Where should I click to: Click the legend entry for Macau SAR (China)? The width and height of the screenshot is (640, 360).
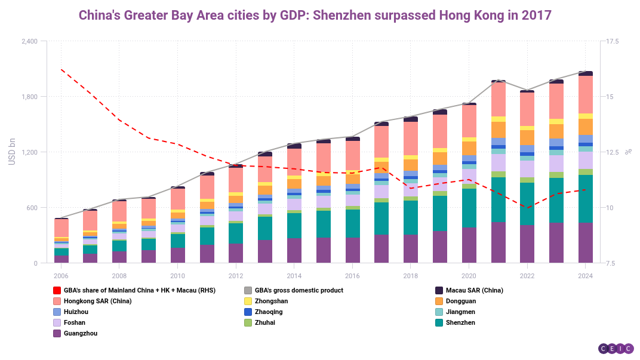pyautogui.click(x=474, y=290)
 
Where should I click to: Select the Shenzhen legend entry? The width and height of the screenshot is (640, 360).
pyautogui.click(x=460, y=322)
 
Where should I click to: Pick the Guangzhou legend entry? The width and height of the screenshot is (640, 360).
pyautogui.click(x=80, y=333)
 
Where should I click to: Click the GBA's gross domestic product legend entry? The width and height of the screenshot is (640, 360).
pyautogui.click(x=299, y=290)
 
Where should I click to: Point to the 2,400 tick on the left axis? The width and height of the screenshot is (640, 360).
pyautogui.click(x=29, y=41)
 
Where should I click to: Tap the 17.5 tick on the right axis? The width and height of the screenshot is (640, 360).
pyautogui.click(x=613, y=41)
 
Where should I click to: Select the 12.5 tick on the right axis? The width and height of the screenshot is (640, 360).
pyautogui.click(x=613, y=152)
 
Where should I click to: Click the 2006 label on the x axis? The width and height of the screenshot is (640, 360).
pyautogui.click(x=61, y=276)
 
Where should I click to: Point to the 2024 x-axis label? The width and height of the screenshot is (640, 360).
pyautogui.click(x=586, y=276)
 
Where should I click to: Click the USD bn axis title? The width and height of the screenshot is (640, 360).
pyautogui.click(x=11, y=152)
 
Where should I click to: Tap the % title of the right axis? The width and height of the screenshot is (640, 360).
pyautogui.click(x=628, y=152)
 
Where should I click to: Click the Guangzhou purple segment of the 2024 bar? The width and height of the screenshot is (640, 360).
pyautogui.click(x=586, y=243)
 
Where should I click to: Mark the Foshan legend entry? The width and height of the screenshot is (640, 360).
pyautogui.click(x=76, y=322)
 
